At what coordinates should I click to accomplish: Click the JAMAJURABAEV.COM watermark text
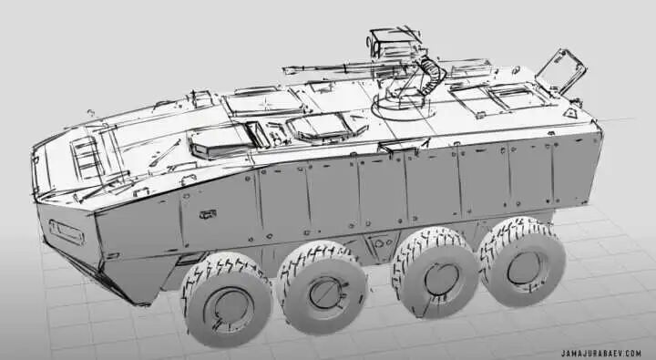tap(601, 354)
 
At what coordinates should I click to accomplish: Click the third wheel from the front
tap(436, 273)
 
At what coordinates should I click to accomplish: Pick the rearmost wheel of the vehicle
tap(523, 262)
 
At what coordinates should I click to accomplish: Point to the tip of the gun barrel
tap(284, 70)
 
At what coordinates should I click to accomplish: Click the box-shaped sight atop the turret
tap(394, 43)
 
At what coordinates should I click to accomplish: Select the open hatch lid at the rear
tap(561, 70)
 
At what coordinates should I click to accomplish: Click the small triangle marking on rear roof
tap(569, 112)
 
